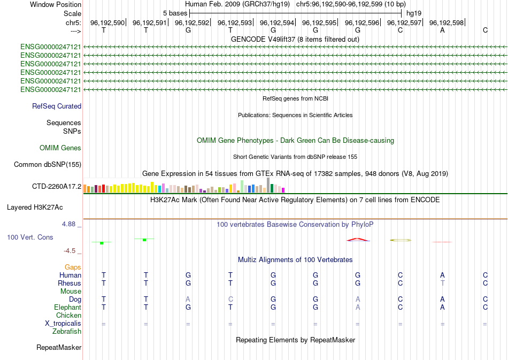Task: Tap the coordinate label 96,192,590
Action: coord(107,22)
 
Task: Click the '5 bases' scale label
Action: coord(175,13)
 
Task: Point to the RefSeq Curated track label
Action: coord(57,106)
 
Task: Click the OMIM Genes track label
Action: coord(60,148)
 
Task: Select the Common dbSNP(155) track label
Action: coord(47,164)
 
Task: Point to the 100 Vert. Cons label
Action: coord(30,237)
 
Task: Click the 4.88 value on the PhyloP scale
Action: coord(70,224)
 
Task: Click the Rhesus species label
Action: coord(70,283)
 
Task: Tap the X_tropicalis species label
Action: coord(63,323)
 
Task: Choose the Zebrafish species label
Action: coord(67,331)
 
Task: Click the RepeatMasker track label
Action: coord(59,348)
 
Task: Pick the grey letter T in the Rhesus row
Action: coord(442,283)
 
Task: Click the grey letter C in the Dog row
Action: coord(230,299)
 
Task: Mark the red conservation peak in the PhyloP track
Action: coord(358,239)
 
